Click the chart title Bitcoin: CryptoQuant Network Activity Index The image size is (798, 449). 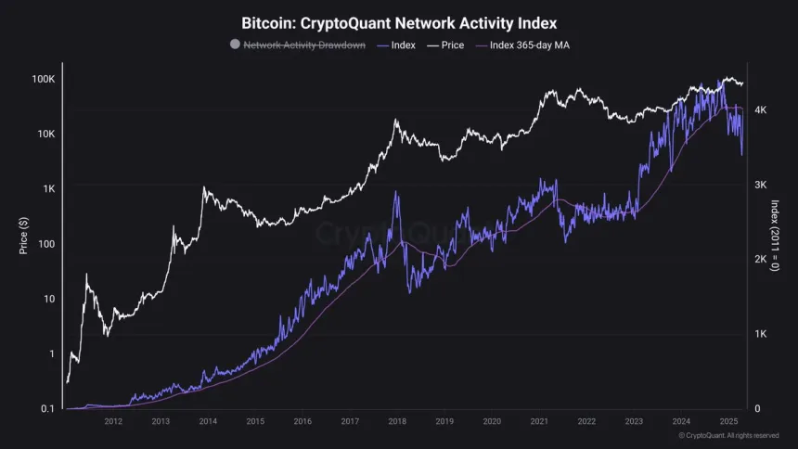point(399,21)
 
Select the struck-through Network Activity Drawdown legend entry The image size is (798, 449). point(303,44)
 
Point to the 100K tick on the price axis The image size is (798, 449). point(43,79)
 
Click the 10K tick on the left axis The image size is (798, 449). point(45,134)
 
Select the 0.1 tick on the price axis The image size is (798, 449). point(47,408)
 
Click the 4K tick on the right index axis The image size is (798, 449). point(760,109)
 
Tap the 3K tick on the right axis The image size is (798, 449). point(760,185)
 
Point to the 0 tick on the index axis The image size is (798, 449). point(757,408)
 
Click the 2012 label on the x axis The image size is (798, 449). point(113,421)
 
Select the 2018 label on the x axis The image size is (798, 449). point(397,421)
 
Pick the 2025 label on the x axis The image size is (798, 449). point(728,421)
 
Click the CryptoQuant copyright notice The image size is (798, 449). point(728,435)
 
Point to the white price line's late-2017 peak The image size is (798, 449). point(396,120)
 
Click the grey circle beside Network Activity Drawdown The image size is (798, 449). point(235,44)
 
